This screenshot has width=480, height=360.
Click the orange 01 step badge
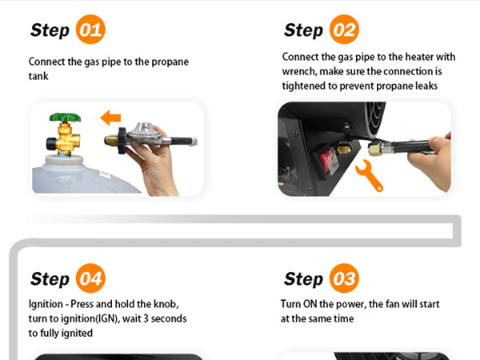pos(90,30)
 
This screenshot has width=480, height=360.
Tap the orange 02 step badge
pos(344,30)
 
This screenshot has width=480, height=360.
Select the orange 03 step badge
pos(344,278)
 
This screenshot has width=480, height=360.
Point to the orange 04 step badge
pos(90,278)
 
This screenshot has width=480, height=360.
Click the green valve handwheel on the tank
pos(65,118)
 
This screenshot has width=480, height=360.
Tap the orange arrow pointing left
pos(110,118)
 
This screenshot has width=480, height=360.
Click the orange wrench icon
pos(369,175)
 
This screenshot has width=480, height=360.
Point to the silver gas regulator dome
pos(144,130)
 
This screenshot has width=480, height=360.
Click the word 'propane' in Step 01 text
pos(170,62)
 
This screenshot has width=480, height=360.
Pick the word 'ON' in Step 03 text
pos(310,304)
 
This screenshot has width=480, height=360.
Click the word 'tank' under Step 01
pos(38,76)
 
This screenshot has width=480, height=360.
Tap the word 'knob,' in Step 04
pos(166,304)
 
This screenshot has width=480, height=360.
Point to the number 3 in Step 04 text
pos(146,318)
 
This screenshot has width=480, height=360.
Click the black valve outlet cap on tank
pos(50,143)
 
